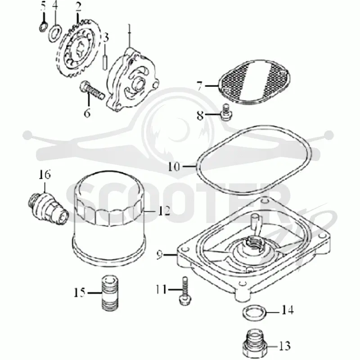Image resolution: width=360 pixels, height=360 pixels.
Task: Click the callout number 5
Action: tap(43, 7)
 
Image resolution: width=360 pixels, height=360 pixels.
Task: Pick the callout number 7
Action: tap(200, 86)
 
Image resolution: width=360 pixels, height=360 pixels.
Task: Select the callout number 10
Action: tap(174, 166)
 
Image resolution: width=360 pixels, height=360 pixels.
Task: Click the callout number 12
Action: tap(164, 211)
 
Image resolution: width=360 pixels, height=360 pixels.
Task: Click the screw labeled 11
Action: tap(185, 291)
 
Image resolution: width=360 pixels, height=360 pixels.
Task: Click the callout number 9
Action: tap(160, 255)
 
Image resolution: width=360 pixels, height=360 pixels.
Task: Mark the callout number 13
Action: tap(285, 346)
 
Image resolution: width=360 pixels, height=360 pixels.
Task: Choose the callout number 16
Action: tap(44, 175)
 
